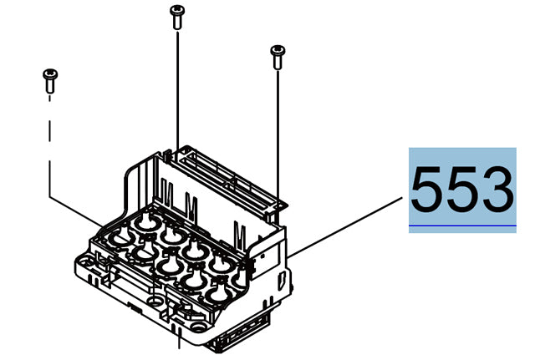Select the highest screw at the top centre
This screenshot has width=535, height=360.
(x=176, y=16)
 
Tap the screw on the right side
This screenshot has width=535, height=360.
(x=278, y=56)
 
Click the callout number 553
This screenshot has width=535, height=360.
(x=462, y=190)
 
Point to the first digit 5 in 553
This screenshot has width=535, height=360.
(x=427, y=190)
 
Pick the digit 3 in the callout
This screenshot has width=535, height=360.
(x=498, y=190)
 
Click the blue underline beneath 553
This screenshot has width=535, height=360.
(x=462, y=226)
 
